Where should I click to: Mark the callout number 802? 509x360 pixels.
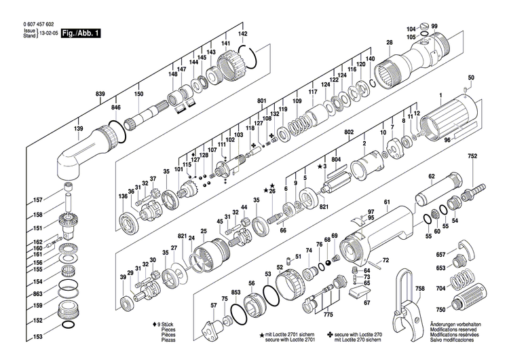click(350, 132)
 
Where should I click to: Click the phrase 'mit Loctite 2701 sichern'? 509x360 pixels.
click(293, 336)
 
